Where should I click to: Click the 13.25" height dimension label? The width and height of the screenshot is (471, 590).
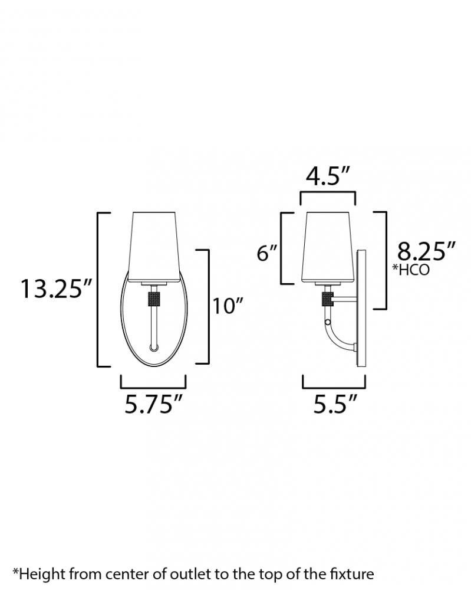pyautogui.click(x=56, y=289)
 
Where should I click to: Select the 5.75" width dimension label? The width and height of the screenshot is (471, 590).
pyautogui.click(x=153, y=405)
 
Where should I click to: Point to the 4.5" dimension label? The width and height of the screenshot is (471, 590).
pyautogui.click(x=328, y=176)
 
